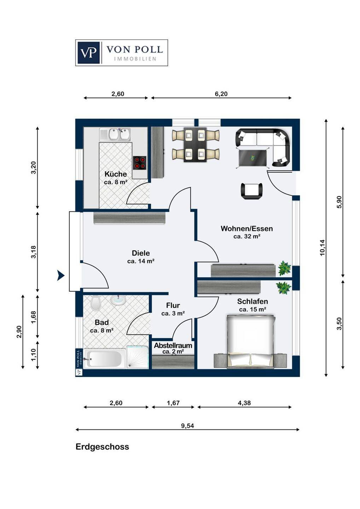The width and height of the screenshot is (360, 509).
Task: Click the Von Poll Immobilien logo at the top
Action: [122, 53]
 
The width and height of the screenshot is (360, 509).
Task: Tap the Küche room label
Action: [116, 174]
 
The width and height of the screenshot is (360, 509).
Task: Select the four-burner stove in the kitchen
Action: [140, 163]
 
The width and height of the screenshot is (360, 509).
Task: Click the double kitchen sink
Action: [115, 134]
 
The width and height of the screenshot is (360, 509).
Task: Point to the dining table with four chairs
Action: [196, 145]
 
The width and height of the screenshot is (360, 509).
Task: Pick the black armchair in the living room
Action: [251, 191]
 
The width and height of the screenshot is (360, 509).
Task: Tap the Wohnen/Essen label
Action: [247, 228]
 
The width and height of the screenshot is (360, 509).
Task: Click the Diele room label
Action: [141, 253]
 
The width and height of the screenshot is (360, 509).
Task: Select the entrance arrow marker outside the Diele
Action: [60, 276]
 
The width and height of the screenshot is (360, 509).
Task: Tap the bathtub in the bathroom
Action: [104, 359]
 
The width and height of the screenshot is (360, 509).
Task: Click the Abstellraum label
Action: [173, 346]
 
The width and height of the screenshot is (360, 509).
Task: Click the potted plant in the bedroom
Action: [283, 288]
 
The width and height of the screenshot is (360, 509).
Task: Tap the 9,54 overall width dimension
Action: [187, 426]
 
